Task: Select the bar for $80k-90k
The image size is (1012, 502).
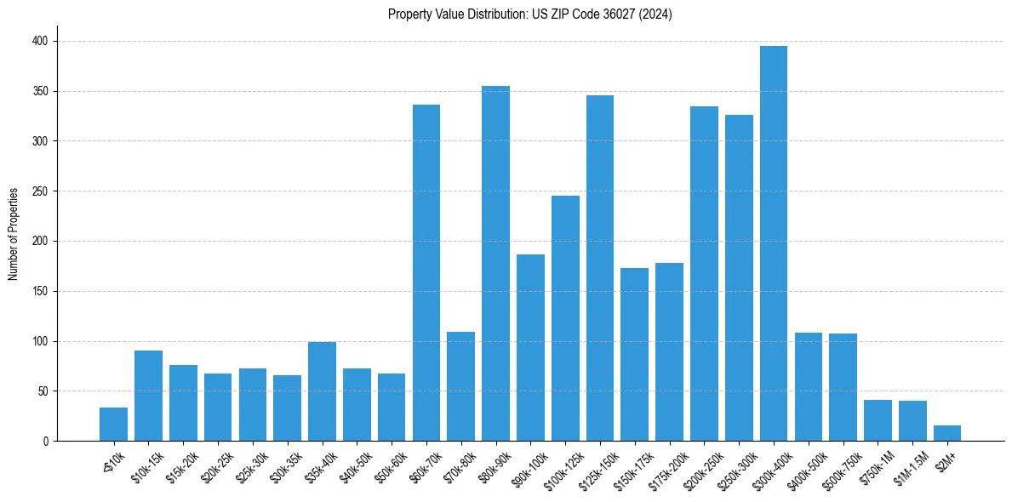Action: [x=495, y=264]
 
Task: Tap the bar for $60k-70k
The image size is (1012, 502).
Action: [x=426, y=272]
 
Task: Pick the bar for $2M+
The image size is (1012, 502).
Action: [x=946, y=433]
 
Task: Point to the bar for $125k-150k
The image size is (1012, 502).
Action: [x=600, y=268]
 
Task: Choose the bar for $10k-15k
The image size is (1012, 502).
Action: [x=148, y=396]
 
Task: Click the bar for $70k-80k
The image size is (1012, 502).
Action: [x=460, y=386]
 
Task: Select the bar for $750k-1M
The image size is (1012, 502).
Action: [x=878, y=420]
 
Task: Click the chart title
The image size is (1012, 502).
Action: [x=529, y=14]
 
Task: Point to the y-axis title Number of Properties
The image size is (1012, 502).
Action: [x=14, y=234]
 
